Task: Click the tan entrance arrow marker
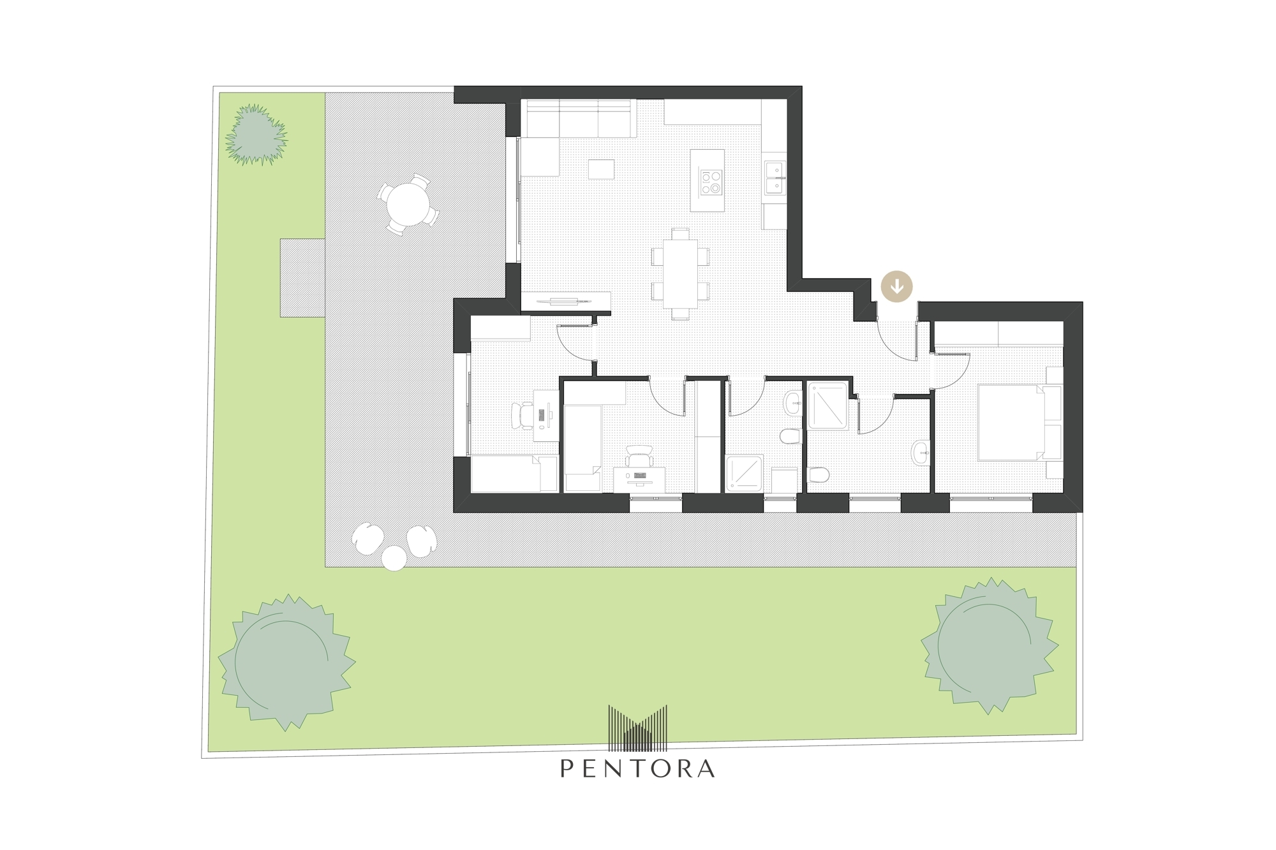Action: [897, 286]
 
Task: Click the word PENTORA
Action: [637, 768]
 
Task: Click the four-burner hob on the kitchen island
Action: [711, 180]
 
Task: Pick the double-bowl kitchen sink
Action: [775, 177]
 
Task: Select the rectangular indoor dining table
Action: [680, 274]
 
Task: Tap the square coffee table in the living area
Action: [601, 169]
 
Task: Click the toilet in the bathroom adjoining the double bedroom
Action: [818, 475]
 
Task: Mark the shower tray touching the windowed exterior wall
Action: [745, 473]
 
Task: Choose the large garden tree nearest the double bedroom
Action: [990, 645]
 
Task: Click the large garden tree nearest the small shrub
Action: [286, 662]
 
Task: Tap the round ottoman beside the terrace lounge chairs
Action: [394, 558]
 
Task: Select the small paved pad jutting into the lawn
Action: [302, 278]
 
